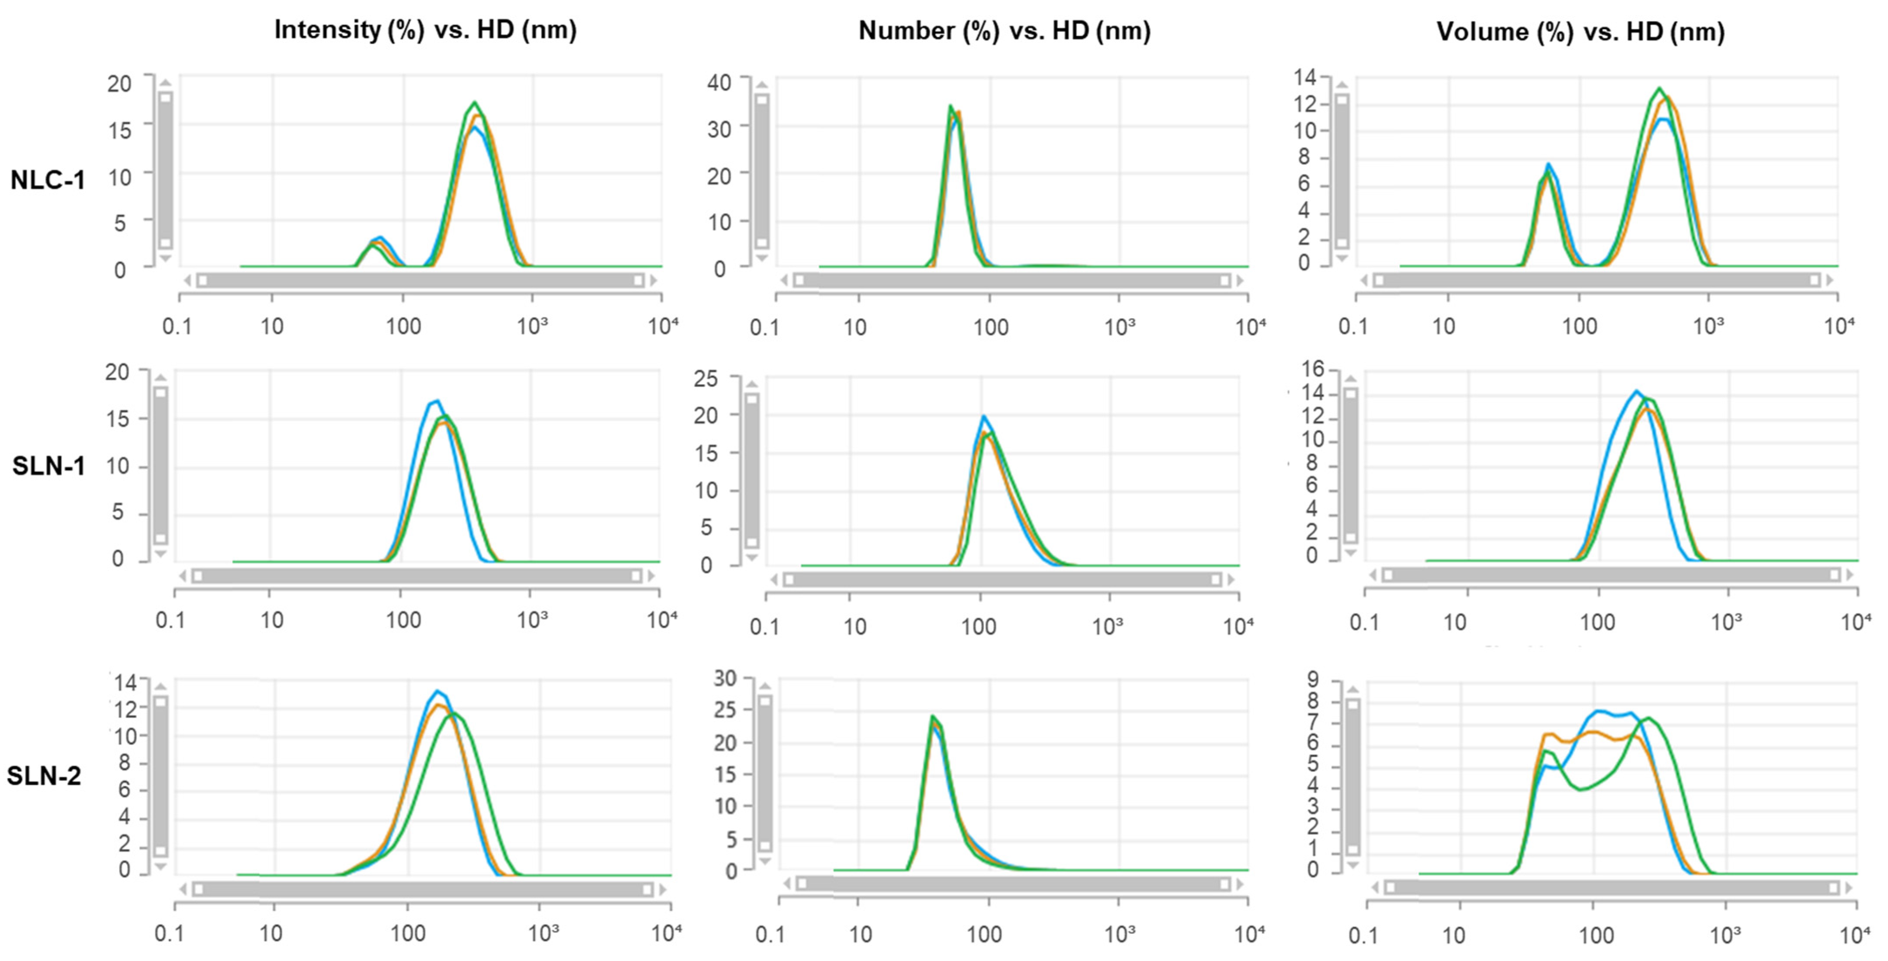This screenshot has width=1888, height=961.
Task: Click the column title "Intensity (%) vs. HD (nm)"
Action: coord(425,30)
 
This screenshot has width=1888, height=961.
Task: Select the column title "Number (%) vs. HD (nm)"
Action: coord(1004,31)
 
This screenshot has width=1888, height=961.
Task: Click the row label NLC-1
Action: coord(48,180)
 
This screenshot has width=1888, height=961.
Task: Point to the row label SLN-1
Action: coord(48,466)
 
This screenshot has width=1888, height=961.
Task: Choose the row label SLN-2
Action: coord(44,776)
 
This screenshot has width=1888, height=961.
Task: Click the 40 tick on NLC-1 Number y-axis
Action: coord(719,82)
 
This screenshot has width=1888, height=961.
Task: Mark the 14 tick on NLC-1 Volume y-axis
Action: coord(1304,77)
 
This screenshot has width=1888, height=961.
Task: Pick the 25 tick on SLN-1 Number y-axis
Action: coord(706,379)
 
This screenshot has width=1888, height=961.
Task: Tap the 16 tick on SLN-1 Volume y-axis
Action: coord(1313,369)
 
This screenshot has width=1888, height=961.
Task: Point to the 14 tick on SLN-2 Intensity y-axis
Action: coord(125,683)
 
